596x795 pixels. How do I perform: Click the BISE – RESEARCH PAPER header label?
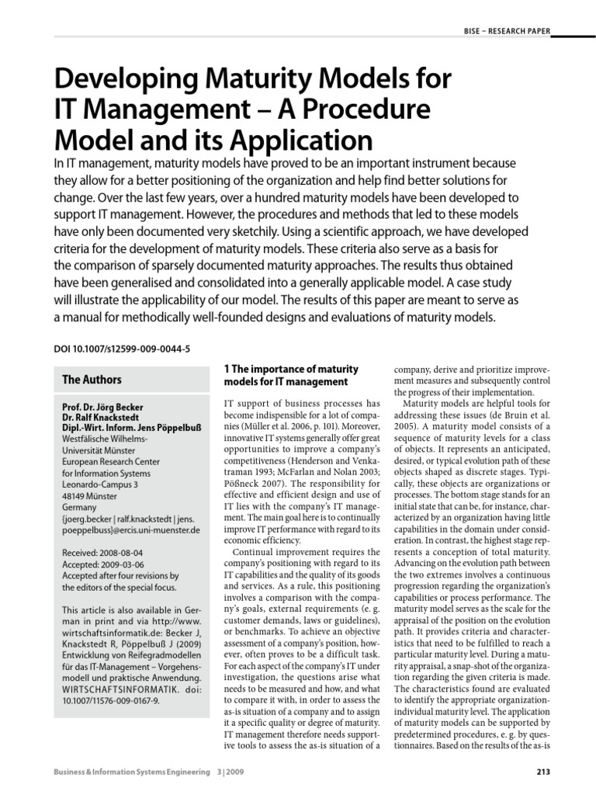pyautogui.click(x=504, y=31)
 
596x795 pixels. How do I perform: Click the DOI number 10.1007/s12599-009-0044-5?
pyautogui.click(x=122, y=349)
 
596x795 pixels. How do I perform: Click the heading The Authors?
pyautogui.click(x=92, y=380)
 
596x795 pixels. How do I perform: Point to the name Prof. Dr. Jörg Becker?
pyautogui.click(x=103, y=406)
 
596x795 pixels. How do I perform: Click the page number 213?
pyautogui.click(x=543, y=771)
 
